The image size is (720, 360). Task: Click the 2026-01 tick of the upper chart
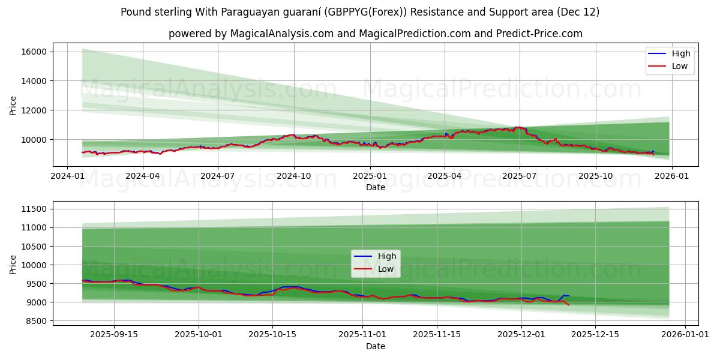coord(671,176)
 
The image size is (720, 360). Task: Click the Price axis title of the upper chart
coord(13,105)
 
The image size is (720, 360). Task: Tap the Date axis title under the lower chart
coord(376,346)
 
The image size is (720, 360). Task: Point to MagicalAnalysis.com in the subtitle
coord(282,34)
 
